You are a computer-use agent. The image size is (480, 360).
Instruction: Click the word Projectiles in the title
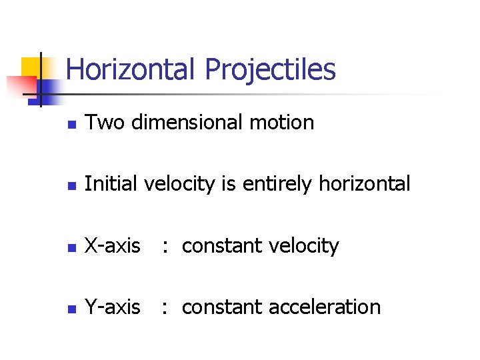click(x=270, y=69)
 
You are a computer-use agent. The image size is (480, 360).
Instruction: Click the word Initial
click(x=110, y=184)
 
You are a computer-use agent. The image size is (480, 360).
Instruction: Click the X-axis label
click(x=113, y=246)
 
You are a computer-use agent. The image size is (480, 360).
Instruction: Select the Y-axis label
click(x=113, y=307)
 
